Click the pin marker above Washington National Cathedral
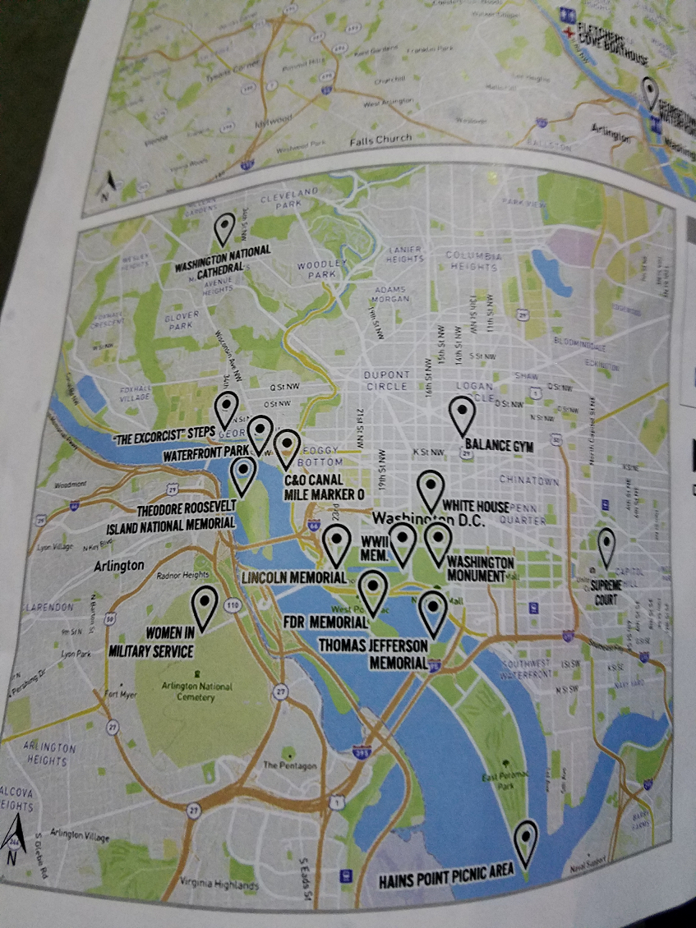[x=224, y=229]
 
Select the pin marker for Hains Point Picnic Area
[x=526, y=842]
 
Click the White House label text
[x=476, y=506]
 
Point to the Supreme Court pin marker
[x=606, y=547]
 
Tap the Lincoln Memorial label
[x=293, y=578]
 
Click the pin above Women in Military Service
[x=204, y=606]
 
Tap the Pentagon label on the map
[x=289, y=765]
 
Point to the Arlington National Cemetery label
[x=194, y=691]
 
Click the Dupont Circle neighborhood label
[x=386, y=379]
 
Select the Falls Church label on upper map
[x=380, y=140]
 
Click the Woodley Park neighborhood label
[x=313, y=270]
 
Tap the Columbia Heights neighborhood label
[x=472, y=261]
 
